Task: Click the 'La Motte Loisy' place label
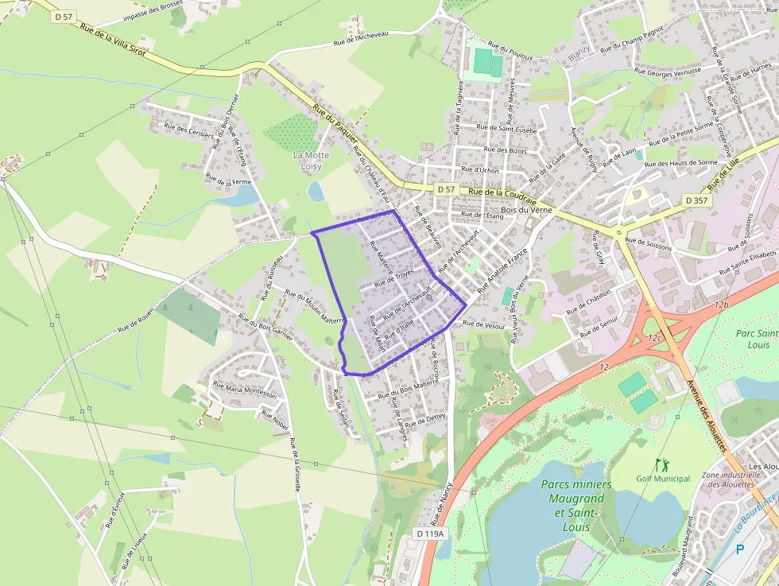click(311, 161)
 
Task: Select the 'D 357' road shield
click(696, 200)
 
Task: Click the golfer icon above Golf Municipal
click(659, 464)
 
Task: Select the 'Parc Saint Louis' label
click(757, 340)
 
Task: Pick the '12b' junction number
click(721, 305)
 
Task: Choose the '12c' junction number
click(653, 338)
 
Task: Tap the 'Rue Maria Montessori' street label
click(244, 390)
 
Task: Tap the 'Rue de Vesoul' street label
click(484, 324)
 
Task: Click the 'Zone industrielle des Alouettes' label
click(731, 479)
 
